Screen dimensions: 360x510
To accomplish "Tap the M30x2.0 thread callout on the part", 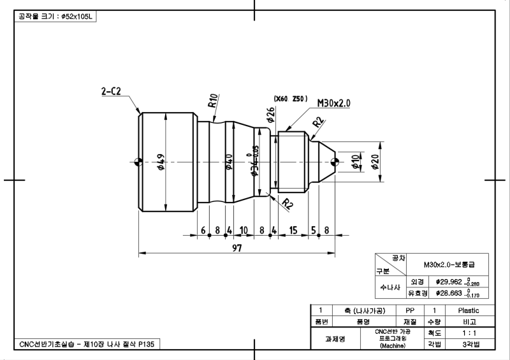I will click(x=333, y=103).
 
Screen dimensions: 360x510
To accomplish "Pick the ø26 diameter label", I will click(x=271, y=115).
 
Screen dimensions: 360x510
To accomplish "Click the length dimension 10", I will click(x=243, y=230).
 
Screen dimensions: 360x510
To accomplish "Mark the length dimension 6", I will click(x=203, y=230).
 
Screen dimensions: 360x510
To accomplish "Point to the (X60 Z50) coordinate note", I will click(x=291, y=99).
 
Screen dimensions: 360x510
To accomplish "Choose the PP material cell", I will click(x=410, y=310).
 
